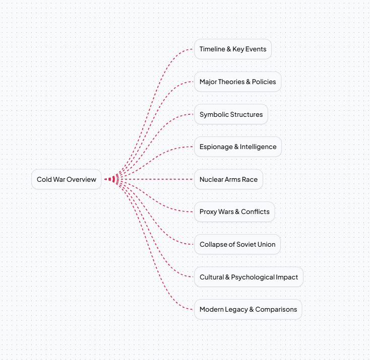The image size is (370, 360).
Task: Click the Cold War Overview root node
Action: click(67, 179)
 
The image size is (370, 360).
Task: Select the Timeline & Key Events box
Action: click(233, 49)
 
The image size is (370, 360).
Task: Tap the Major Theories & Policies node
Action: click(237, 82)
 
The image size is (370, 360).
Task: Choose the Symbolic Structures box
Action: click(231, 114)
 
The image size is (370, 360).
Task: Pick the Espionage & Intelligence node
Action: click(238, 147)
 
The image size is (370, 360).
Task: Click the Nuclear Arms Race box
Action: click(228, 179)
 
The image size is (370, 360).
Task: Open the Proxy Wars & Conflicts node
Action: click(234, 211)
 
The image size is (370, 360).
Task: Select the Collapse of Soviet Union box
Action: click(237, 244)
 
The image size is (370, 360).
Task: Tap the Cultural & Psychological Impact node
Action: click(249, 277)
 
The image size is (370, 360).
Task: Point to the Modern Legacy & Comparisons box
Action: click(248, 309)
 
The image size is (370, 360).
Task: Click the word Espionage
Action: click(216, 147)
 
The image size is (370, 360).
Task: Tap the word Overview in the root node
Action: click(81, 179)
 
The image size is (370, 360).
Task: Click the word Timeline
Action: click(212, 49)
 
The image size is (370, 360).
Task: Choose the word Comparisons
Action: click(276, 310)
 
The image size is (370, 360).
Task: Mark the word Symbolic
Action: click(214, 115)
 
